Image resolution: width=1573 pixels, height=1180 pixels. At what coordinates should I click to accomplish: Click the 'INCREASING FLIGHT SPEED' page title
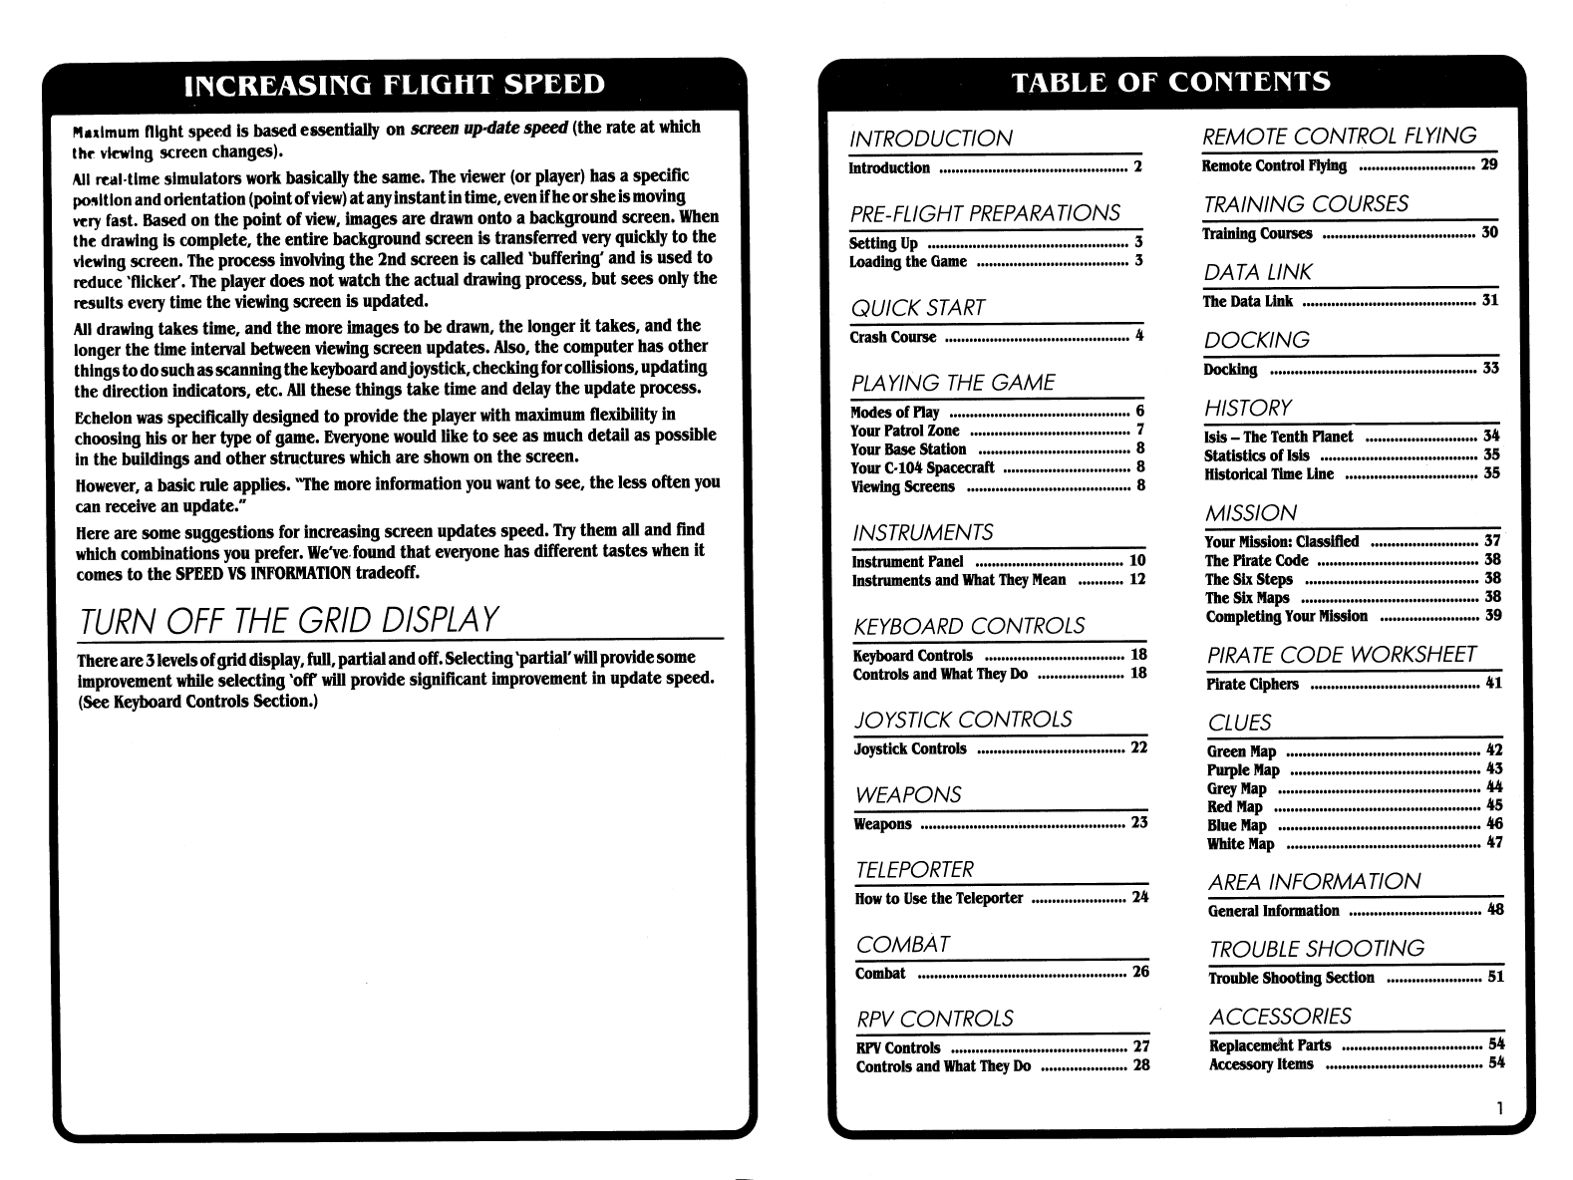[395, 85]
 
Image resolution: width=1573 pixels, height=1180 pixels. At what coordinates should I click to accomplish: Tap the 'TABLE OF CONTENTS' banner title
[1170, 81]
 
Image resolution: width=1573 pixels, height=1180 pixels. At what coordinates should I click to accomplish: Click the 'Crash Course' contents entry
[893, 337]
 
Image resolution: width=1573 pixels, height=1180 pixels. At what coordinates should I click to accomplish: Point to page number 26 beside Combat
[1140, 972]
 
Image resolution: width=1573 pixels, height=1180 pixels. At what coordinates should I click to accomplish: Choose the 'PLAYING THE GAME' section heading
[952, 383]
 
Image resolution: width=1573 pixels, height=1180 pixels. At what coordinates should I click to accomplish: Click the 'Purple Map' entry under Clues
[1243, 769]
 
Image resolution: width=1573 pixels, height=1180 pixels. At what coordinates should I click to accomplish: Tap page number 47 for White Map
[1493, 843]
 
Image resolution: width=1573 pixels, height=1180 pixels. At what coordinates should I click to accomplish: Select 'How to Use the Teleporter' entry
[939, 898]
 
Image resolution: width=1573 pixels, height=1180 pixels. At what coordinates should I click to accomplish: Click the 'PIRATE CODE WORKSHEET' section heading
[1341, 655]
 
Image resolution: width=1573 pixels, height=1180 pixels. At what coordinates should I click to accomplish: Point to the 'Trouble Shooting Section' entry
[1291, 978]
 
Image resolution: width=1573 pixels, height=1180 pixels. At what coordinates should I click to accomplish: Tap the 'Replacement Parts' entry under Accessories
[1270, 1045]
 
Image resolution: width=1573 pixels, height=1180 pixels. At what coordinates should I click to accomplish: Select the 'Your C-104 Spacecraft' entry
[922, 467]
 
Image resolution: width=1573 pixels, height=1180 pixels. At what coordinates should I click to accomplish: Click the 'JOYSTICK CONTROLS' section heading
[963, 720]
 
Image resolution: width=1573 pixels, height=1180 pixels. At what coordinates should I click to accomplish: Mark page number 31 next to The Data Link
[1490, 300]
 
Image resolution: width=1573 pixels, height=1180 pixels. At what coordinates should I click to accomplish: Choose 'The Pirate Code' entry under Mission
[1256, 560]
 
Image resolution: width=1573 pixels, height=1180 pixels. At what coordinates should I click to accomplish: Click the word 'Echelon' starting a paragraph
[102, 416]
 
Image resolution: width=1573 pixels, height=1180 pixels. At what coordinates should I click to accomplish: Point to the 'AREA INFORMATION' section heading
[1314, 882]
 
